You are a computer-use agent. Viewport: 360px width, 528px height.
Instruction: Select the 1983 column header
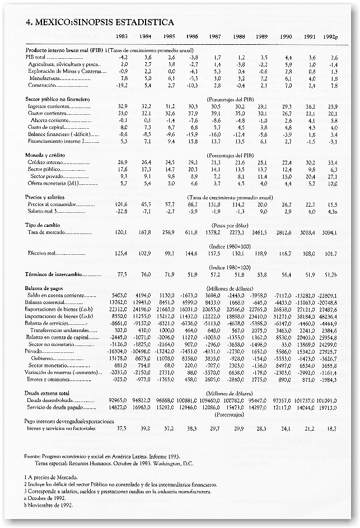click(121, 36)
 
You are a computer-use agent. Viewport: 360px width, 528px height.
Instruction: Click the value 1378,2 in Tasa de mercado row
click(216, 231)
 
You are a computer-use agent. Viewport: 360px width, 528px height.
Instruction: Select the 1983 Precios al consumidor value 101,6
click(121, 205)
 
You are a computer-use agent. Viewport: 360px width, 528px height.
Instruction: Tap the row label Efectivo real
click(45, 253)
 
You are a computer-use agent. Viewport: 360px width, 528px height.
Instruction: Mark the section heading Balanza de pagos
click(48, 287)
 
